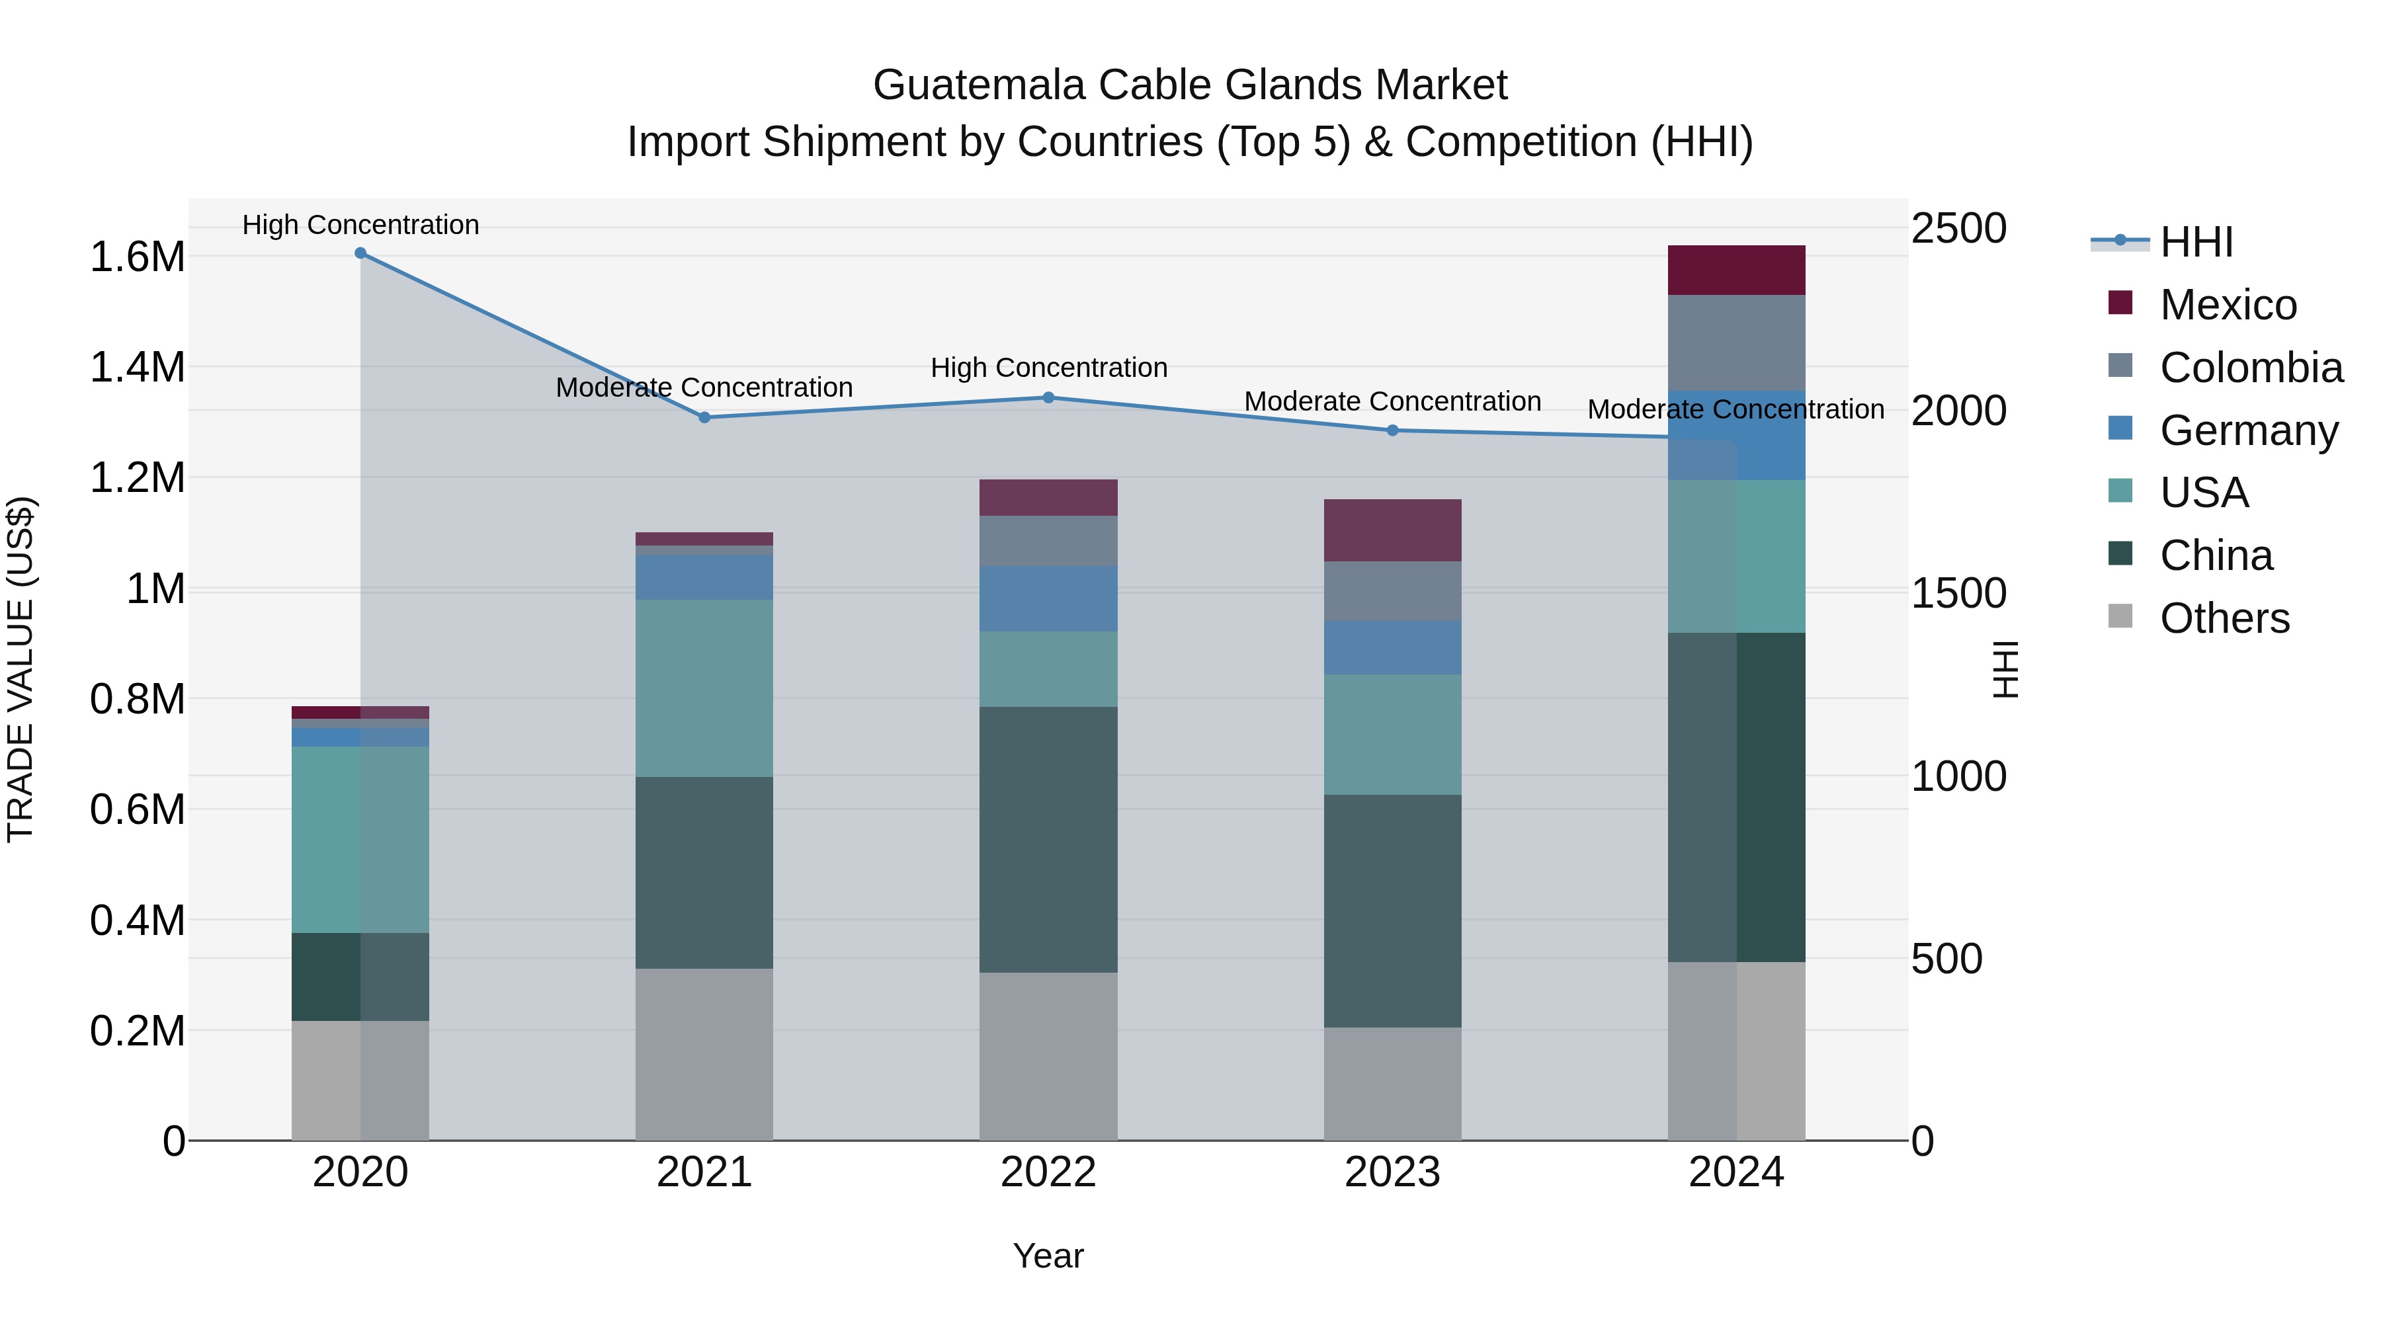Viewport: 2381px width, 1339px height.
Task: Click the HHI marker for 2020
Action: tap(360, 253)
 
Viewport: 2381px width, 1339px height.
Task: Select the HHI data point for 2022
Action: tap(1048, 397)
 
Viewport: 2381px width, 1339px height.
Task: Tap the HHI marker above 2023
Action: tap(1392, 430)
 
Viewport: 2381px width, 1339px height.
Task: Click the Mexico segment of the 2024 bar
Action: tap(1736, 270)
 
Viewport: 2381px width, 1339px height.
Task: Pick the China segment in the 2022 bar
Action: tap(1048, 839)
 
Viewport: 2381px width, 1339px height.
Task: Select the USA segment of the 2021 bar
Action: tap(704, 688)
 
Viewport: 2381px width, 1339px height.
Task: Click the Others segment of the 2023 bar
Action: tap(1392, 1083)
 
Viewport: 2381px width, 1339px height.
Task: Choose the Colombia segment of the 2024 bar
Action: tap(1736, 343)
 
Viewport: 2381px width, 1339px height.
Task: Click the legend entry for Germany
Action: tap(2248, 430)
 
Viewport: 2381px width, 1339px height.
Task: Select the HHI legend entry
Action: tap(2195, 242)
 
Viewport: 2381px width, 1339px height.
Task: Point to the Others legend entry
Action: tap(2224, 618)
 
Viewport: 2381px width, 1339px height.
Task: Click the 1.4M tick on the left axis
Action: tap(137, 367)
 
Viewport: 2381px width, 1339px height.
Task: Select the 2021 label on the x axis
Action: tap(704, 1172)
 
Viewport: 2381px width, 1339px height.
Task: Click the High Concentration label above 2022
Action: tap(1048, 368)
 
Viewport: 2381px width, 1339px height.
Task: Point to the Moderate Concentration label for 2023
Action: tap(1392, 401)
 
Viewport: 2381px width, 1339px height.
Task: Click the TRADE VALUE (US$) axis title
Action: tap(21, 669)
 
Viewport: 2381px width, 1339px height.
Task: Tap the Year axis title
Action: tap(1048, 1256)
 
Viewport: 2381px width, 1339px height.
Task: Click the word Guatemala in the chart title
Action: tap(979, 85)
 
